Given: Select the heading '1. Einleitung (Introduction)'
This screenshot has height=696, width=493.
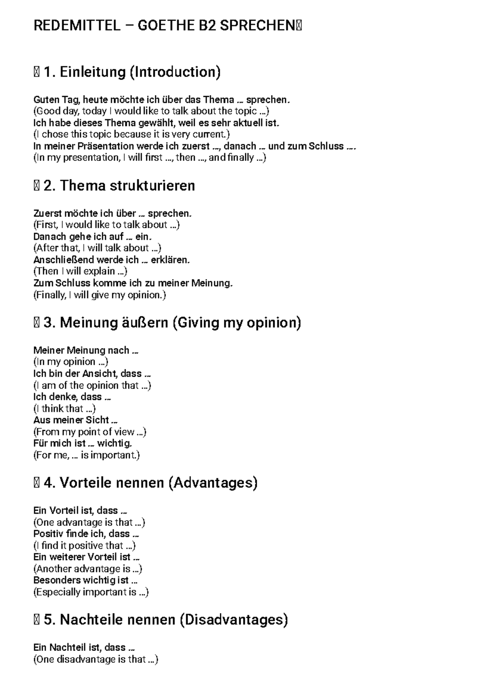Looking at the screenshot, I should pyautogui.click(x=131, y=72).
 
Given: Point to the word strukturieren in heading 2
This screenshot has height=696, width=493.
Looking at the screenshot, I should pyautogui.click(x=152, y=186).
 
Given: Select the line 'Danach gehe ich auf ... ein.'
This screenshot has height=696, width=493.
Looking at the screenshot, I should pyautogui.click(x=92, y=236).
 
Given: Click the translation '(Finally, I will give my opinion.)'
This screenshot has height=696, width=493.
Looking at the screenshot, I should pyautogui.click(x=99, y=295).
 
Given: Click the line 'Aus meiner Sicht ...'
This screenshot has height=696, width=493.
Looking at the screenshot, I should pyautogui.click(x=76, y=420).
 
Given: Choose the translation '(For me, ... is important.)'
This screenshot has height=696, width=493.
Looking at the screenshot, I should pyautogui.click(x=87, y=455).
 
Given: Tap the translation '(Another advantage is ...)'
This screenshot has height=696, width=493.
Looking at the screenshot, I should pyautogui.click(x=88, y=569).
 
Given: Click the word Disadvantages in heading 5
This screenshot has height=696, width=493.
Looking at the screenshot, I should pyautogui.click(x=233, y=620).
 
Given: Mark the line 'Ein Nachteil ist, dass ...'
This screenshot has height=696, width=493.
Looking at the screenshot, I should pyautogui.click(x=84, y=648).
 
